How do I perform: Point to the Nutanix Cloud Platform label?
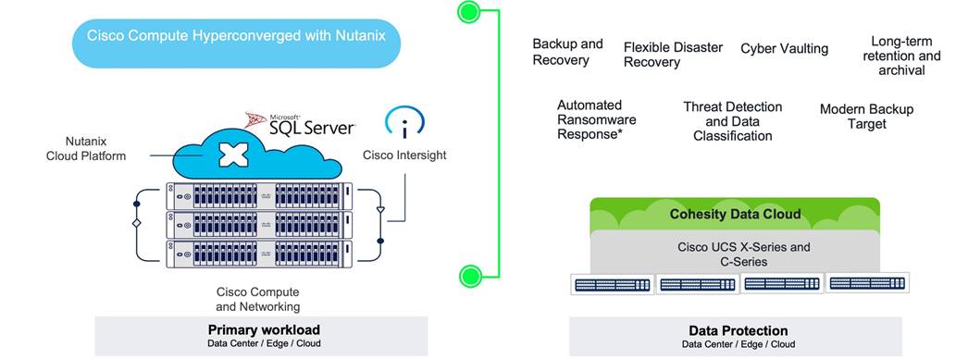pos(86,149)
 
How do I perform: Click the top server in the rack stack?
pos(260,195)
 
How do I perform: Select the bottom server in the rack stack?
pos(260,254)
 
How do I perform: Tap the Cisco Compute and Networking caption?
pos(257,299)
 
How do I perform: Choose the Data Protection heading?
pos(738,330)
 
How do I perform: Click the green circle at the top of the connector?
pos(469,13)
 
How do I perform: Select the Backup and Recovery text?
pos(567,52)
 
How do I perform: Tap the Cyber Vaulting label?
pos(784,48)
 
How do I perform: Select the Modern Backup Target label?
pos(866,117)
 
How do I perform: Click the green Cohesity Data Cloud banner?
pos(735,215)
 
